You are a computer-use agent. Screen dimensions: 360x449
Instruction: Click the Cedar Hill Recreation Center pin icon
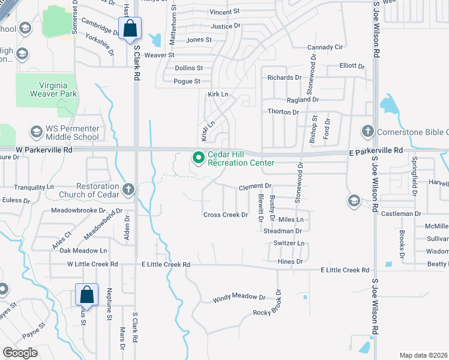199,158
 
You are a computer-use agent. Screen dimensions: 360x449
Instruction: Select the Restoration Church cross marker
127,190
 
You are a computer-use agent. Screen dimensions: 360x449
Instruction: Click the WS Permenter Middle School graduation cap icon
36,132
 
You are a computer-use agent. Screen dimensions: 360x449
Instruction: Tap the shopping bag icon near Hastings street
130,28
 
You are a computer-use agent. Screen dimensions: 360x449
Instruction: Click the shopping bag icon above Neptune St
86,295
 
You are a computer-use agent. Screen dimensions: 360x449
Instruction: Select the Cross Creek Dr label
226,215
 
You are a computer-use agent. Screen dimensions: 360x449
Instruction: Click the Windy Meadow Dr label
239,298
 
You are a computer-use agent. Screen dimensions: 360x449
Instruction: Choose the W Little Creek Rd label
92,264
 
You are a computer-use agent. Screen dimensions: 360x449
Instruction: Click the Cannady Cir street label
325,47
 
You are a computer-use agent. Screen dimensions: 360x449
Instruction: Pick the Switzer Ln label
289,243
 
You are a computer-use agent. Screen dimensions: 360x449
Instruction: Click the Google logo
20,353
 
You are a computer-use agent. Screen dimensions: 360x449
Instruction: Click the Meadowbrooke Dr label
86,211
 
